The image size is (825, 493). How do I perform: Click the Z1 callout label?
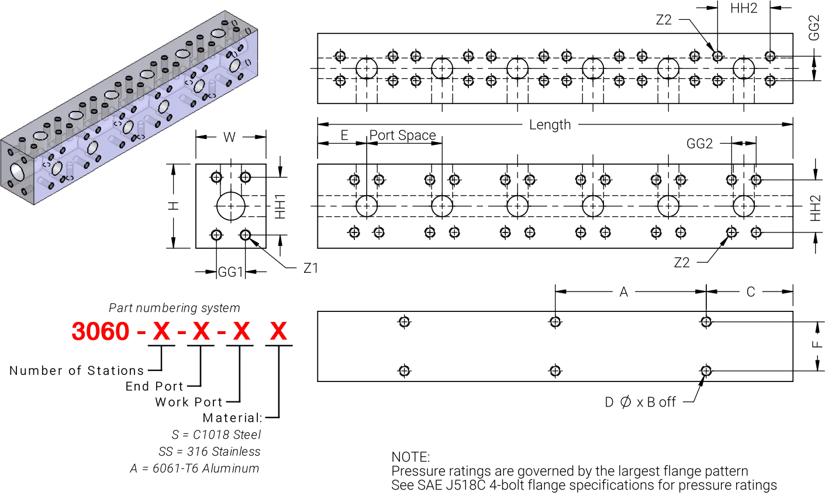[x=310, y=268]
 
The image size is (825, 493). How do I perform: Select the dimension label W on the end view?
[x=229, y=137]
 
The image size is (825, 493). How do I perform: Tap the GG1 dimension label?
[x=230, y=272]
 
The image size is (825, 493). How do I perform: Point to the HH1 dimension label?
[x=280, y=206]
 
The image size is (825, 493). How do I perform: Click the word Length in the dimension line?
[x=550, y=125]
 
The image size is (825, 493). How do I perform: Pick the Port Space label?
[x=402, y=135]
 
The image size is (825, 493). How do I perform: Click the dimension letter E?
[x=344, y=136]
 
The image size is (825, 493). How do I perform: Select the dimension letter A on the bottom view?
[x=623, y=292]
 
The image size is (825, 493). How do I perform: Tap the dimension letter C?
[x=751, y=292]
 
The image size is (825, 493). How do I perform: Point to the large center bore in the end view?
[x=231, y=206]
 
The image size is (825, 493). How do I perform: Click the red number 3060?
[x=100, y=331]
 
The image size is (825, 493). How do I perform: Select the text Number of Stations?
[x=77, y=370]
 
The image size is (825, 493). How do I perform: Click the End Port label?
[x=154, y=386]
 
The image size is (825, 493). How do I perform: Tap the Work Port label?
[x=189, y=402]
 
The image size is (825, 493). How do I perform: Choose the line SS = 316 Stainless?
[x=209, y=452]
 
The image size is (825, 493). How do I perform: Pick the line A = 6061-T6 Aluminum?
[x=195, y=468]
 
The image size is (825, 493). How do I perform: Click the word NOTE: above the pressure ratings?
[x=410, y=457]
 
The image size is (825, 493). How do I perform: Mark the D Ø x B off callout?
[x=640, y=402]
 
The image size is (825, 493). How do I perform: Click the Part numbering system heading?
[x=175, y=308]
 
